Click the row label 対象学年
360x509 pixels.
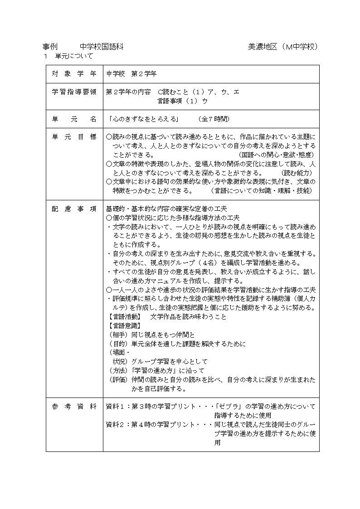[74, 73]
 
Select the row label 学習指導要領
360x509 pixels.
[74, 92]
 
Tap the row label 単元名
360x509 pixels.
[74, 119]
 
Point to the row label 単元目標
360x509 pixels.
[74, 136]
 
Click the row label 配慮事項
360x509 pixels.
[74, 209]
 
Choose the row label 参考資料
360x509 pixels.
[74, 406]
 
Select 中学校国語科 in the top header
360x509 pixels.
[102, 47]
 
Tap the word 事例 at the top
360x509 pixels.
[49, 47]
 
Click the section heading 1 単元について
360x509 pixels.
[68, 56]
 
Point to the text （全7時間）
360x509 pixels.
[214, 119]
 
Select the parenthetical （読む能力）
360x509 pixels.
[297, 173]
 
